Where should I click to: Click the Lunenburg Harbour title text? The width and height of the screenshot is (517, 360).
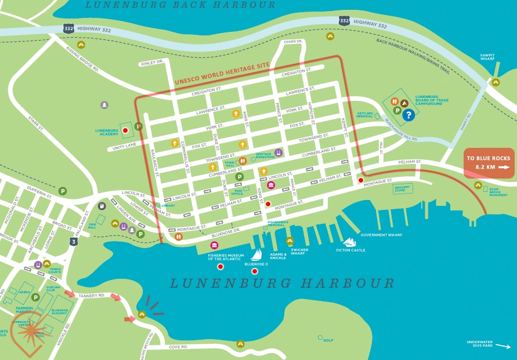(281, 283)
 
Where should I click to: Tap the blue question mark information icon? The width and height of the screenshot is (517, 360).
(409, 115)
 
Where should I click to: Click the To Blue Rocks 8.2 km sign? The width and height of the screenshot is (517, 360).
(489, 162)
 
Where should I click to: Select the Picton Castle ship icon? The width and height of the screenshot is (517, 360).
(350, 242)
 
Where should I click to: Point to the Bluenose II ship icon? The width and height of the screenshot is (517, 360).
(256, 254)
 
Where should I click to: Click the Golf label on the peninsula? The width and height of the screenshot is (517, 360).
(328, 340)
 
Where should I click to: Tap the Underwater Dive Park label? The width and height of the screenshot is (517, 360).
(479, 344)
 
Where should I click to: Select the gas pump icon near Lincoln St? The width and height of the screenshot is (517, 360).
(102, 205)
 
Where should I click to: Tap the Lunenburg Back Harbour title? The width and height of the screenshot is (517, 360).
(180, 5)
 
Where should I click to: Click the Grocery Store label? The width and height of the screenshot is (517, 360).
(402, 188)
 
